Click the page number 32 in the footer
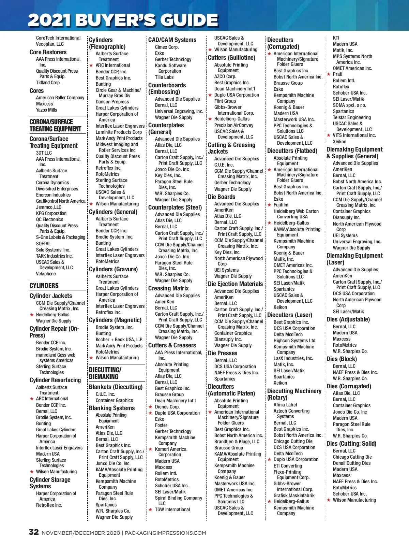33,532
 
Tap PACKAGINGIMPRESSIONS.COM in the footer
165,533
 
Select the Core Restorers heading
48,52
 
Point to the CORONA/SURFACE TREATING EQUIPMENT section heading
55,125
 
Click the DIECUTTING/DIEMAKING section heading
105,373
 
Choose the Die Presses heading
223,353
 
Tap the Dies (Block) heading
342,359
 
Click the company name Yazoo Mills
47,110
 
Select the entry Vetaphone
46,274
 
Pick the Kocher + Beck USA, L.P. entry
119,340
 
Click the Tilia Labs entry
164,77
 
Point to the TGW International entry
172,509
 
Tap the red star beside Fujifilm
269,205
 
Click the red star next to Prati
329,74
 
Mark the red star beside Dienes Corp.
150,407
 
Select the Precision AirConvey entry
234,125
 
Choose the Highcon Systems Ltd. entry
295,341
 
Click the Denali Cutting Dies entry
352,463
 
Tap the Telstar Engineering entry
352,117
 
